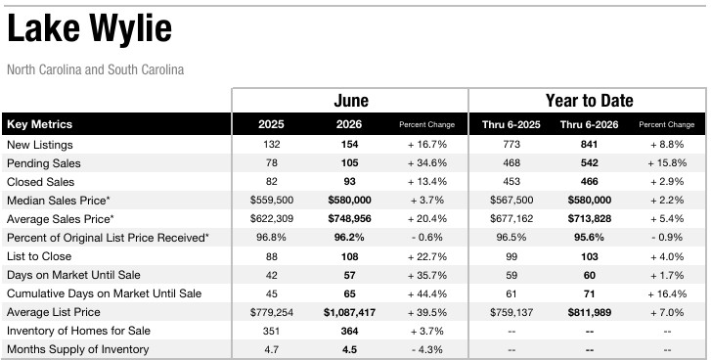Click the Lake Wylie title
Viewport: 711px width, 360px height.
(x=89, y=29)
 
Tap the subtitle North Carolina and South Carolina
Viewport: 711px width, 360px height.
(x=96, y=69)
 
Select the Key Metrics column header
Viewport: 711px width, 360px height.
(x=39, y=124)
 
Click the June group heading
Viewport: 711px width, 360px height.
(x=351, y=100)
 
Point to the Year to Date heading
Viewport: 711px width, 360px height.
(x=589, y=100)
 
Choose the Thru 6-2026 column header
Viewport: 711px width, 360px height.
(x=589, y=124)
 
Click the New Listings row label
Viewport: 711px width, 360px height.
(x=40, y=145)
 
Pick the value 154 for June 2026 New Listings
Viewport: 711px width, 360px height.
(x=349, y=145)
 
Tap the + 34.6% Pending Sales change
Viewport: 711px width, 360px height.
(x=427, y=163)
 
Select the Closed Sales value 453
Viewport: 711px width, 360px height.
(x=511, y=182)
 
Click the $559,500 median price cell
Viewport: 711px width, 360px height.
(x=272, y=201)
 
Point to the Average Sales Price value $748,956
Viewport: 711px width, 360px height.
(x=349, y=219)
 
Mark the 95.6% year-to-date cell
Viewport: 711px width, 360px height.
(x=590, y=238)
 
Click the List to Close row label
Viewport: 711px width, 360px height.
(x=39, y=256)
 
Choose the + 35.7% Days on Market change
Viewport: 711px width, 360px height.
(x=427, y=275)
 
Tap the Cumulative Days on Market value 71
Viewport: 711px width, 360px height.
(x=590, y=293)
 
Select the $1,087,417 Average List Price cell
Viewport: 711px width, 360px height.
(x=349, y=312)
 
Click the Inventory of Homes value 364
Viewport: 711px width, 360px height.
(x=349, y=331)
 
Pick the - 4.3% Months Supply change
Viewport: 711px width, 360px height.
(x=427, y=349)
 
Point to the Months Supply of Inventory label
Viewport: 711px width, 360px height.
(x=78, y=349)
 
